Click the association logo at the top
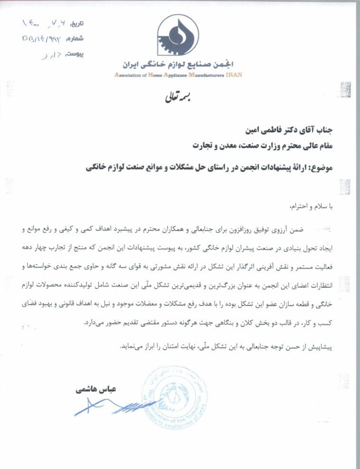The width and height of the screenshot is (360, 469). tap(177, 36)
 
